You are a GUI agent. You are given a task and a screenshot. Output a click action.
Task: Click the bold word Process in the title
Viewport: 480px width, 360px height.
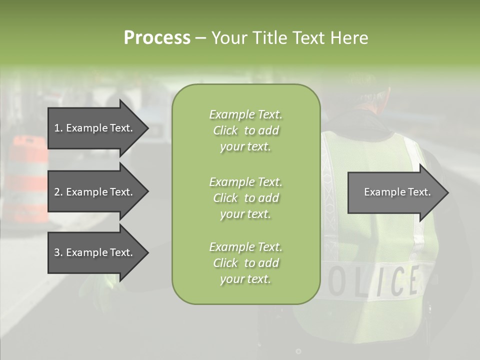click(157, 37)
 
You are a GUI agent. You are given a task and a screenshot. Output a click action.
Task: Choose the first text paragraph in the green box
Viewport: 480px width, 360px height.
click(245, 130)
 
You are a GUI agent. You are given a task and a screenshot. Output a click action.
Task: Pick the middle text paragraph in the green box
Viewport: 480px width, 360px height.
click(245, 198)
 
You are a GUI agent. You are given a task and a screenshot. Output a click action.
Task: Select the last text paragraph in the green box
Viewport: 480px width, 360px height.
click(245, 263)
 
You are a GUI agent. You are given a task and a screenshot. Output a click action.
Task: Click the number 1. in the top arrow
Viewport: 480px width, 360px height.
click(58, 128)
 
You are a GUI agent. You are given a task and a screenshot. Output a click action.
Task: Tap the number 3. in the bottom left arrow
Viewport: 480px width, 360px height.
click(58, 252)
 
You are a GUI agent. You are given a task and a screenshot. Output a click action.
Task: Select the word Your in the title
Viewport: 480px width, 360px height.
click(230, 37)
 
